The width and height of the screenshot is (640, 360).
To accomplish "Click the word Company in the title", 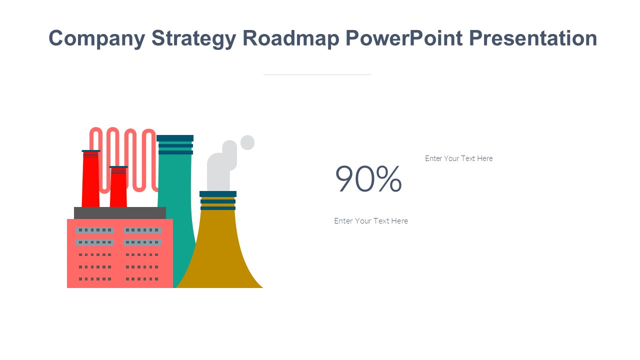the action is [x=97, y=38].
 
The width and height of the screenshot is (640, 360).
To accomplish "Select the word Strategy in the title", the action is [x=194, y=38].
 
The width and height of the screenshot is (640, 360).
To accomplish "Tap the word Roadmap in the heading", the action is [x=291, y=38].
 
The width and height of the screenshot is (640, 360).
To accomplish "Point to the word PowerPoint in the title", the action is [x=404, y=38].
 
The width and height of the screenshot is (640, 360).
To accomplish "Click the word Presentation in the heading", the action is [x=533, y=38].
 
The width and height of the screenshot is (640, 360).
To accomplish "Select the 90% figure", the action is [x=368, y=179].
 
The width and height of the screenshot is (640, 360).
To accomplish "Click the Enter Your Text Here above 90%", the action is [x=459, y=158].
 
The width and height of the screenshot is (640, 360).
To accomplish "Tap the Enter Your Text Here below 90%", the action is [x=371, y=221].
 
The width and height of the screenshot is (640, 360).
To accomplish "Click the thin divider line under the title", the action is [x=317, y=74].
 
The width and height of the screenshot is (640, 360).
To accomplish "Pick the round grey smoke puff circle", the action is [x=247, y=142].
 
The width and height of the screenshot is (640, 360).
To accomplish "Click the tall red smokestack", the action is [x=90, y=178].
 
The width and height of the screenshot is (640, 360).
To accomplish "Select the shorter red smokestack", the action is [x=118, y=186].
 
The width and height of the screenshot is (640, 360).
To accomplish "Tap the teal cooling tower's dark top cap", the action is [x=175, y=138].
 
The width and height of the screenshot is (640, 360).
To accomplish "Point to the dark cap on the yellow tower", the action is [x=218, y=194].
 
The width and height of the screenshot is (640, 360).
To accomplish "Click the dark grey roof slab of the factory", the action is [x=120, y=213].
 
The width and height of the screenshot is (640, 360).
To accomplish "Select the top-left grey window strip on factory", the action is [x=95, y=230].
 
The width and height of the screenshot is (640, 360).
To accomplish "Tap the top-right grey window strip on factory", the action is [x=142, y=230].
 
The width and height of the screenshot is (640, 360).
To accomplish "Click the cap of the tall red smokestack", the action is [x=91, y=151].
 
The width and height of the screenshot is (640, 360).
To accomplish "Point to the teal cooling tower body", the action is [x=175, y=200].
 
